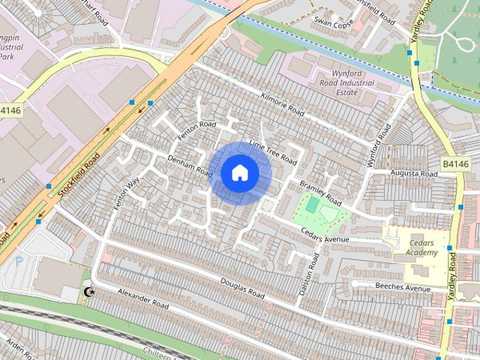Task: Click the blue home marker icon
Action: pos(239,172)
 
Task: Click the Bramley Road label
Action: pos(320,193)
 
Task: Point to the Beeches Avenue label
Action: pos(403,287)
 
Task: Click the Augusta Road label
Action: pos(412,173)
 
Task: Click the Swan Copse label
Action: pos(333,23)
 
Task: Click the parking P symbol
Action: pos(20,262)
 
